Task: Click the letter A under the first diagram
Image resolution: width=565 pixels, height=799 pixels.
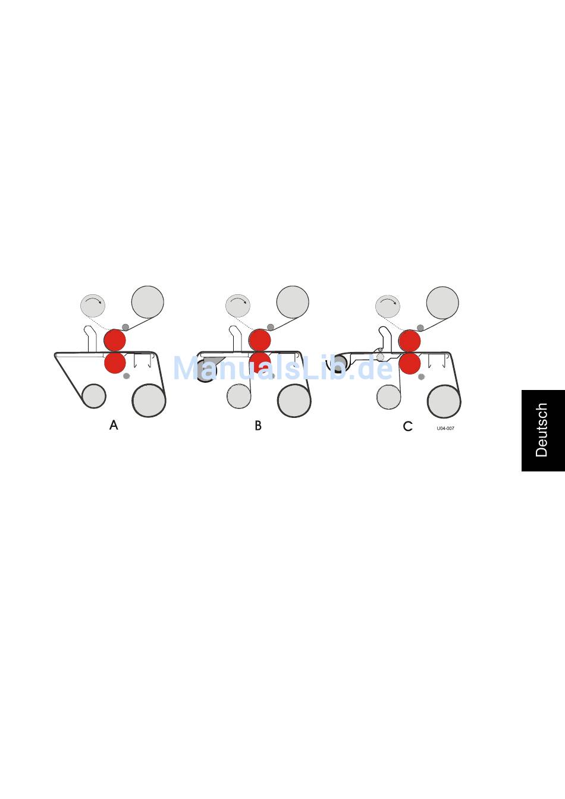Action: (x=114, y=425)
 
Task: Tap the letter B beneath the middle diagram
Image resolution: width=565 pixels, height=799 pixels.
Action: (x=258, y=426)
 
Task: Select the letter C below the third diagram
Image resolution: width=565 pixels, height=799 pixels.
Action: (x=407, y=426)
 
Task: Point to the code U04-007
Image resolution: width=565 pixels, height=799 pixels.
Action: (x=445, y=429)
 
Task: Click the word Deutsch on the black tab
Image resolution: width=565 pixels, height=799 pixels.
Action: (x=541, y=430)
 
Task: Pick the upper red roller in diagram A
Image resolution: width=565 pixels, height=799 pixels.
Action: (x=115, y=340)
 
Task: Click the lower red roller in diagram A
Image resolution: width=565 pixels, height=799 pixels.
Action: (x=115, y=363)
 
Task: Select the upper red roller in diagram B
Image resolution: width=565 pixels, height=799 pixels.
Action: (x=260, y=340)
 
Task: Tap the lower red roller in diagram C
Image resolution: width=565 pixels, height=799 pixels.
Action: (x=410, y=363)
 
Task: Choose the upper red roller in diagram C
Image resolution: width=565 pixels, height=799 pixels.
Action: (x=410, y=341)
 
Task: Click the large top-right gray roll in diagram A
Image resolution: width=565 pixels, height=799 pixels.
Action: (x=147, y=302)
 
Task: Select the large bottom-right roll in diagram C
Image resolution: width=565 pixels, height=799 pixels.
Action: (x=444, y=402)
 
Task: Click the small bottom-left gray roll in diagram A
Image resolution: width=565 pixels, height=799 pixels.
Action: (x=94, y=397)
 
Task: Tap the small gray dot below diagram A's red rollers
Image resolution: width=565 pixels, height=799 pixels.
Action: (x=126, y=376)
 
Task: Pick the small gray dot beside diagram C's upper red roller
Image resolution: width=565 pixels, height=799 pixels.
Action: (x=420, y=328)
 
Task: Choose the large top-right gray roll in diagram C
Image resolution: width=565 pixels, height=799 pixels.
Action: (x=442, y=303)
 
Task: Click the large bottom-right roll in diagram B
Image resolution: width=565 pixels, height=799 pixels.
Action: (x=294, y=401)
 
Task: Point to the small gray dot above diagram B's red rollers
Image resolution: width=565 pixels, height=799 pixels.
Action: (x=271, y=327)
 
